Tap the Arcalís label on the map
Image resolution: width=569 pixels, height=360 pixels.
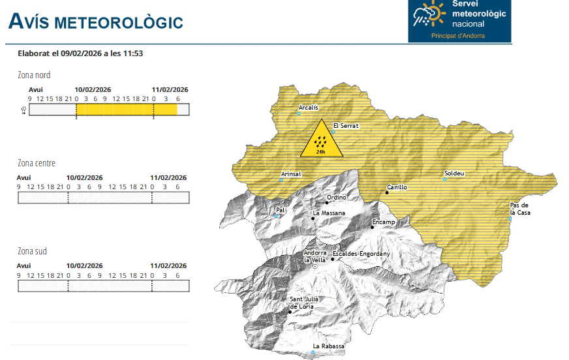tap(309, 108)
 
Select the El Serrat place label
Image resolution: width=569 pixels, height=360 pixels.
tap(346, 126)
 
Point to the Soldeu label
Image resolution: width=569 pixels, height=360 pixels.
tap(454, 173)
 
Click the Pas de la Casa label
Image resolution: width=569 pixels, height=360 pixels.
tap(520, 209)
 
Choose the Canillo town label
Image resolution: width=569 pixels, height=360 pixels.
tap(397, 187)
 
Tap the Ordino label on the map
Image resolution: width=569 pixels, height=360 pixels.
tap(337, 198)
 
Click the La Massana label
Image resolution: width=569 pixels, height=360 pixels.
tap(329, 213)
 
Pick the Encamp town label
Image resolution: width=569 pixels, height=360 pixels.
tap(384, 222)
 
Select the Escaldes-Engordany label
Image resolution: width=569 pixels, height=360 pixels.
tap(361, 254)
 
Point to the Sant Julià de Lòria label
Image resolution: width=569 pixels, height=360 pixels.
tap(302, 303)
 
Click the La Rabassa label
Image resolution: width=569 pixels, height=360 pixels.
tap(328, 346)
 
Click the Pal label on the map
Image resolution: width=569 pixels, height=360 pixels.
tap(281, 211)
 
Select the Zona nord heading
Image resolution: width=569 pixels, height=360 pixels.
tap(34, 75)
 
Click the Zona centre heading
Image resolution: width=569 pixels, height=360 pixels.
tap(37, 163)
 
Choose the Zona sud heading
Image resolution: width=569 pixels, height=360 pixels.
tap(32, 251)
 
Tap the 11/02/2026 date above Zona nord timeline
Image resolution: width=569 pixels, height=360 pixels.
tap(170, 90)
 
